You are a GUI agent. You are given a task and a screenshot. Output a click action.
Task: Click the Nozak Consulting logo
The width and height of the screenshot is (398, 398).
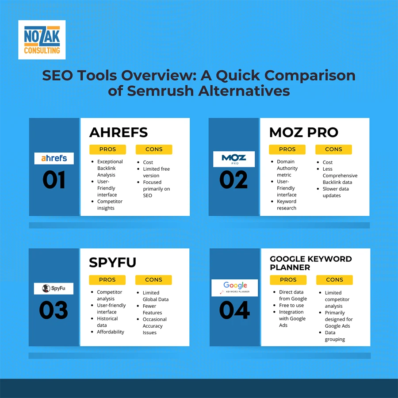point(42,40)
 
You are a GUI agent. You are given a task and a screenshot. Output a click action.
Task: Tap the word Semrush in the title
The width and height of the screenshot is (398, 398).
point(160,91)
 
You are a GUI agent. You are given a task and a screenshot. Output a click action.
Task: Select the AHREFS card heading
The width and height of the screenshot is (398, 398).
point(119,132)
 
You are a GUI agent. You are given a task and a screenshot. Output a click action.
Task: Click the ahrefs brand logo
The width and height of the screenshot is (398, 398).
point(54,158)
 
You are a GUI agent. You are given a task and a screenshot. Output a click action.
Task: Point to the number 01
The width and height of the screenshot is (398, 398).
point(54,180)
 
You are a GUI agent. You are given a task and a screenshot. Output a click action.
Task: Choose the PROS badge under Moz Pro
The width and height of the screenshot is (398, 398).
point(287,149)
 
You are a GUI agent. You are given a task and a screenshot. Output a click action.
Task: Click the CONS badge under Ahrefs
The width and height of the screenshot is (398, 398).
point(154,149)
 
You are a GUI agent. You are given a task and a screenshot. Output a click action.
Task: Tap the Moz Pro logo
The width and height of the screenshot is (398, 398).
point(234,159)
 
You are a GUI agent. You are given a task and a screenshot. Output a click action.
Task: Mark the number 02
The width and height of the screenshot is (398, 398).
point(233,180)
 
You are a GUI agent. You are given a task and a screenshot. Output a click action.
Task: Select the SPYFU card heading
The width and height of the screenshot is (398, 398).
point(113,262)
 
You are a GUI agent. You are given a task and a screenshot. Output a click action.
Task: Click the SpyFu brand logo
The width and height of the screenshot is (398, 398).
point(54,289)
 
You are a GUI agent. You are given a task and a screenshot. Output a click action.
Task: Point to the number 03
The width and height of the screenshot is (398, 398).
point(54,310)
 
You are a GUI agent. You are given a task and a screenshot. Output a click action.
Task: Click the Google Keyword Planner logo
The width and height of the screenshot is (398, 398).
point(234,288)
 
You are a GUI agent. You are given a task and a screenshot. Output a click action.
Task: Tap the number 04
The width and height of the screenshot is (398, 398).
point(234,310)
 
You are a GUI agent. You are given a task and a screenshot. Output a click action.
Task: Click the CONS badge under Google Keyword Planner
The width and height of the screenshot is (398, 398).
point(334,280)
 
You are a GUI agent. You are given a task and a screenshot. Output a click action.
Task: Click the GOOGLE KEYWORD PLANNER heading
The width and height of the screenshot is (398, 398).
point(311,263)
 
